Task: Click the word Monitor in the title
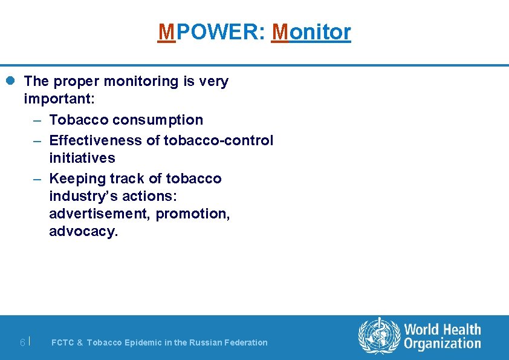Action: (x=311, y=31)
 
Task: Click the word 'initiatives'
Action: (x=82, y=158)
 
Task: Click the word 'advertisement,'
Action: (x=100, y=214)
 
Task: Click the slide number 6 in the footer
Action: (x=22, y=342)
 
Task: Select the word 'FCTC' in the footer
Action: (x=62, y=342)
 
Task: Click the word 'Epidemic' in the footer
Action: (x=143, y=342)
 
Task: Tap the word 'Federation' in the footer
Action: (x=245, y=342)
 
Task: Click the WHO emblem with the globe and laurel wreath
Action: (x=380, y=336)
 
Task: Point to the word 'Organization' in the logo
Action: (x=443, y=344)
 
